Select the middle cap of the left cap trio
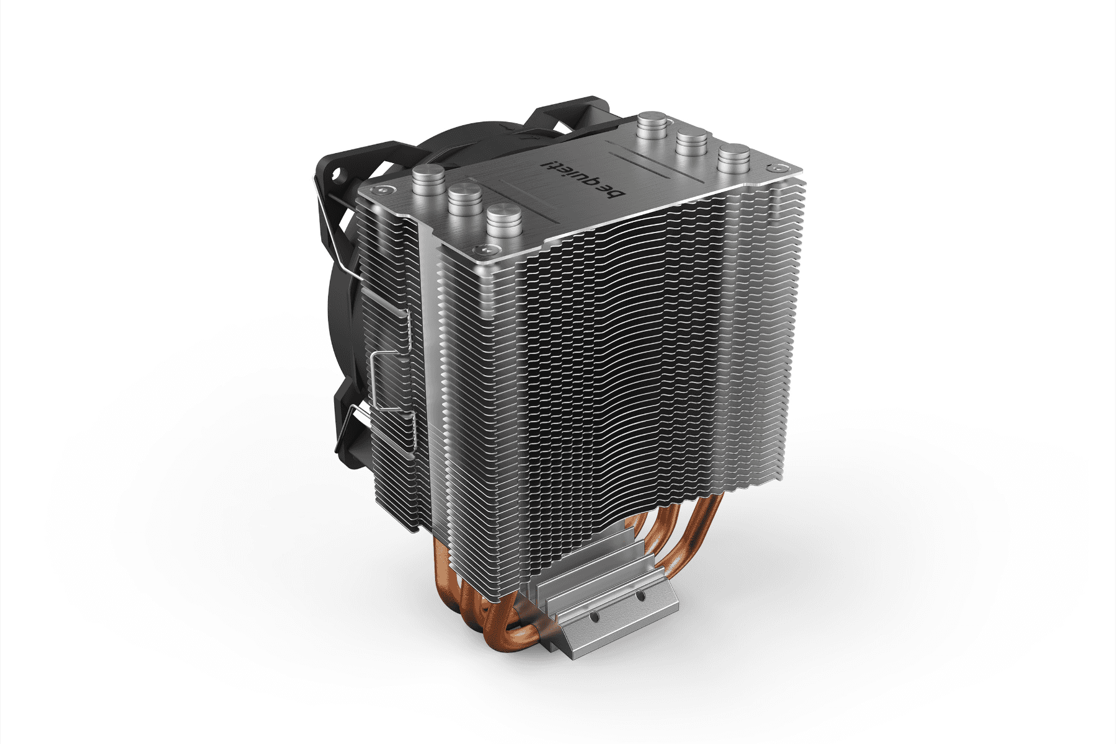[x=463, y=198]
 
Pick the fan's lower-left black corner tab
[x=345, y=434]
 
